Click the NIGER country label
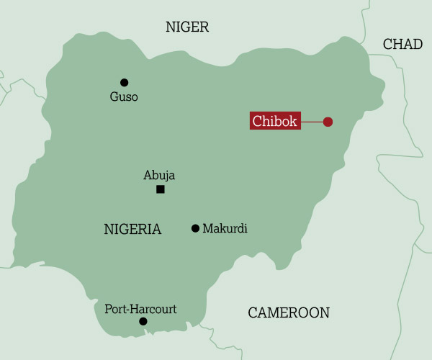click(186, 27)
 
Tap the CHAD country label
click(402, 45)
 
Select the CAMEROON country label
click(288, 312)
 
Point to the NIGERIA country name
click(132, 230)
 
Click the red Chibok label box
click(275, 121)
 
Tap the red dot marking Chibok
click(328, 122)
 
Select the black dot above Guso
click(124, 82)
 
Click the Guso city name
click(124, 96)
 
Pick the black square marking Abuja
click(160, 189)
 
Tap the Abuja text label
click(159, 175)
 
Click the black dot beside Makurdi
click(195, 228)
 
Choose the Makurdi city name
click(225, 228)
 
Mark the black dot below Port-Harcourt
click(143, 321)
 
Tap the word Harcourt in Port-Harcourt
click(154, 309)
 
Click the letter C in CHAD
click(387, 45)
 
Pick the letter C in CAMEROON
click(253, 312)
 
